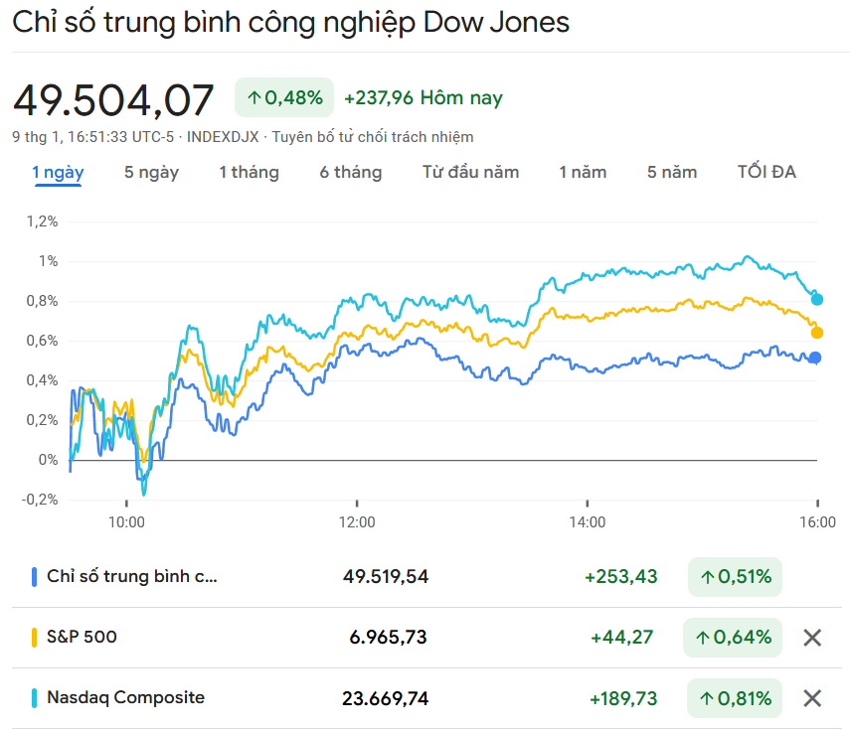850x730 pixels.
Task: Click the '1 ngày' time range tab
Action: tap(58, 172)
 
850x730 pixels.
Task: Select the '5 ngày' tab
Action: tap(151, 172)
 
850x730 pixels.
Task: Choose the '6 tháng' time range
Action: tap(350, 172)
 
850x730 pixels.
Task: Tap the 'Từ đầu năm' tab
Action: tap(470, 172)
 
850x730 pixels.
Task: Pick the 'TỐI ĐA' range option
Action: tap(766, 172)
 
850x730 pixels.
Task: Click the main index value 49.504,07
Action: tap(113, 100)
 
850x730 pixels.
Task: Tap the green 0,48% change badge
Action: tap(284, 97)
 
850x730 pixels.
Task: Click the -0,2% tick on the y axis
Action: tap(41, 500)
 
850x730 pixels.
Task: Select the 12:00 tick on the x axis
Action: tap(357, 521)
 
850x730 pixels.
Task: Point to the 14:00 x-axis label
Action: tap(588, 521)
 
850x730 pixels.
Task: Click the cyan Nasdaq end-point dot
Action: tap(817, 299)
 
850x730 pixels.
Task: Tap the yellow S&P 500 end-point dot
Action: tap(817, 332)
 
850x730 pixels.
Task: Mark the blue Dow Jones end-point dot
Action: tap(815, 358)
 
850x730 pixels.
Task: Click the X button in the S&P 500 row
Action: tap(812, 638)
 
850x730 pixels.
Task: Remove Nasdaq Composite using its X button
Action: tap(812, 698)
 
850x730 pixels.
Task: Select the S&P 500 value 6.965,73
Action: tap(388, 637)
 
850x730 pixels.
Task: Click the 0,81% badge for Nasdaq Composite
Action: tap(733, 698)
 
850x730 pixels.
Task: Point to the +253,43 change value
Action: tap(620, 576)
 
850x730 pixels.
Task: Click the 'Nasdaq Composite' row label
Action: tap(125, 697)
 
